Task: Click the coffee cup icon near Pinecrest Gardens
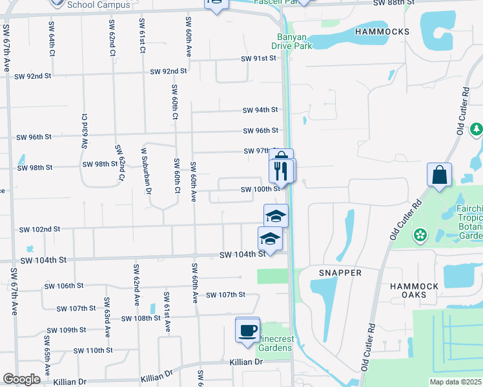(247, 330)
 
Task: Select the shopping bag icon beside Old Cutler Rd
(439, 175)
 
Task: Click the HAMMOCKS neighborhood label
(382, 31)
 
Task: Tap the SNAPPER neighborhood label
(340, 273)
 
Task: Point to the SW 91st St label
(258, 59)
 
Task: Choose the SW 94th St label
(260, 110)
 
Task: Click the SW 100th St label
(260, 190)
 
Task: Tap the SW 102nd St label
(39, 229)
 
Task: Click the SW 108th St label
(140, 319)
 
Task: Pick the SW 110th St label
(93, 350)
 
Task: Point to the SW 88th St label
(393, 3)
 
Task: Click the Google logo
(21, 379)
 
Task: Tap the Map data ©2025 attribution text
(455, 382)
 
